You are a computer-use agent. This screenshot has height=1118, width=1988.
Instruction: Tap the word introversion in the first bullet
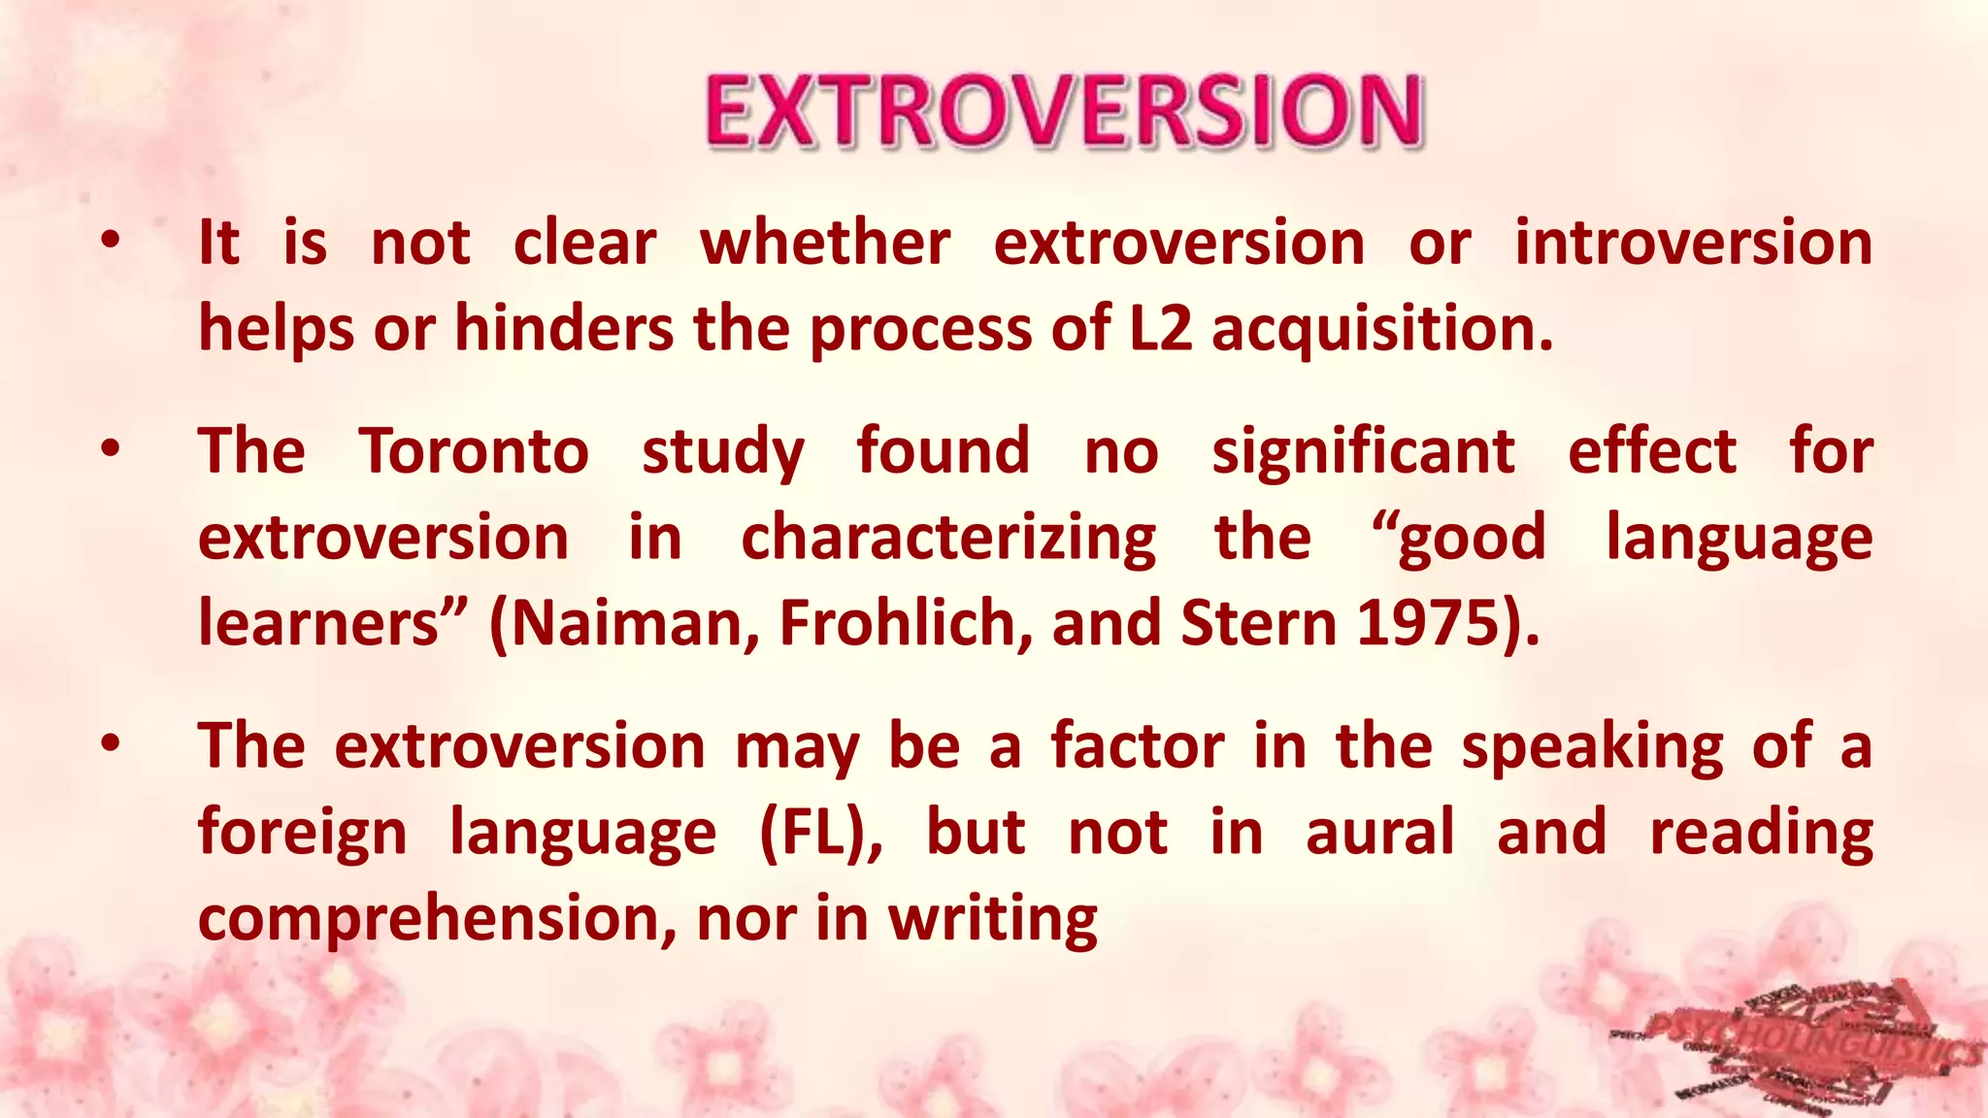(x=1693, y=243)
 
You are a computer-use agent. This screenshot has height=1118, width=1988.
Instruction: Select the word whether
(x=825, y=243)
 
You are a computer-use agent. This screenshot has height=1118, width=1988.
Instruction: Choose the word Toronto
(x=474, y=451)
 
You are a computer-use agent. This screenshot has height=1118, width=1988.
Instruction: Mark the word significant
(x=1363, y=452)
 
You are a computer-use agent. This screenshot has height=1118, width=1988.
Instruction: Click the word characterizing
(x=948, y=539)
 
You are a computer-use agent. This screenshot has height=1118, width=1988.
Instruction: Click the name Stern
(x=1259, y=623)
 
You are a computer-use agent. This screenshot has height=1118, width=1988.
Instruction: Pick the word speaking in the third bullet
(x=1592, y=748)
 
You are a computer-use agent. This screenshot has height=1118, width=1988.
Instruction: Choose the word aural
(x=1379, y=833)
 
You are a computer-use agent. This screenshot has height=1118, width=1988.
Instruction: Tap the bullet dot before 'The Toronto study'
(x=112, y=449)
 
